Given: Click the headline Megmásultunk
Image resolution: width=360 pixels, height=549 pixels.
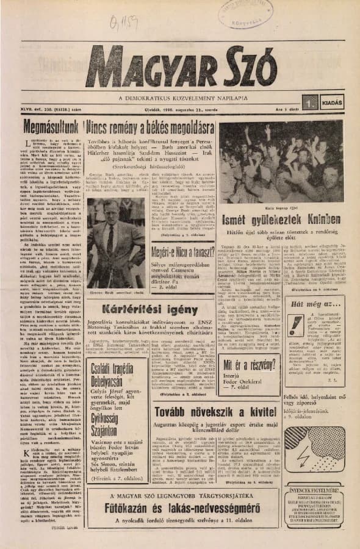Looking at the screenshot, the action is (x=51, y=128).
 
